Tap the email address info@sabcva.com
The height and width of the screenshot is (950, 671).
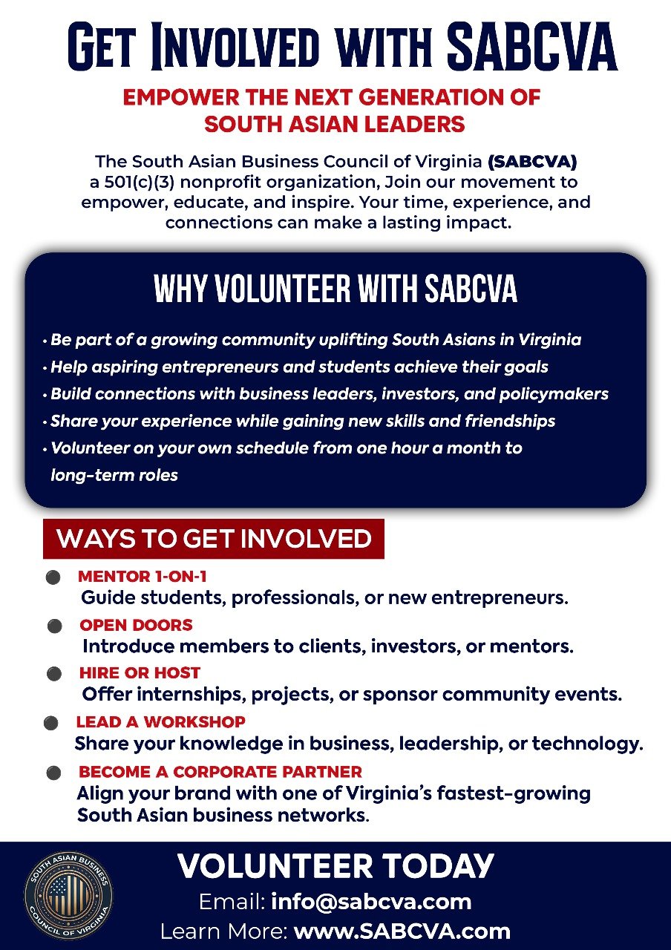[371, 902]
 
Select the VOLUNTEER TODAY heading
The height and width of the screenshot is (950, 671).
[335, 866]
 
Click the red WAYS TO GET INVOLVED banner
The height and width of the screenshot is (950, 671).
[214, 538]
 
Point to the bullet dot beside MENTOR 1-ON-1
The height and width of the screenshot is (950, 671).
[53, 577]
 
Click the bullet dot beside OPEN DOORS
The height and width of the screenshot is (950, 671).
[54, 626]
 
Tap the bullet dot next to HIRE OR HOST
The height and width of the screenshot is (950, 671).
[54, 675]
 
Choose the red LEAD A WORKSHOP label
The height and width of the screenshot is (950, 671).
[160, 721]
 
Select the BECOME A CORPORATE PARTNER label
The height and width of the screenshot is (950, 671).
[220, 771]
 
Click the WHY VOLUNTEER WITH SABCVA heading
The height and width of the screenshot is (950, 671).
[335, 288]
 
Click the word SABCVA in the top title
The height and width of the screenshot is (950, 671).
[532, 47]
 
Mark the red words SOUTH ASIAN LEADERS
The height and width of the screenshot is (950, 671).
[335, 123]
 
